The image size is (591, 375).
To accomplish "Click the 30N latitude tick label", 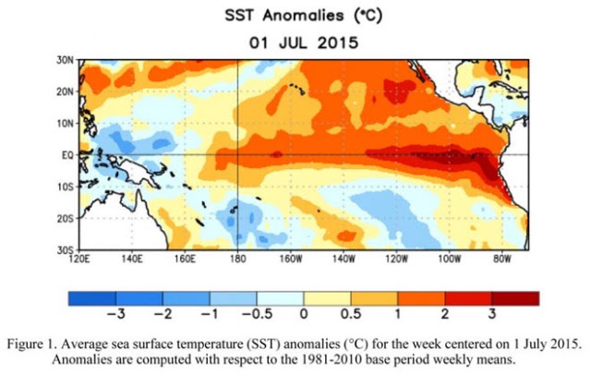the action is coord(65,60).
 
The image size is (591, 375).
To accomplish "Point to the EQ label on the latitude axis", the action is coord(67,155).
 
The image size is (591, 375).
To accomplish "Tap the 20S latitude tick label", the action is coord(65,219).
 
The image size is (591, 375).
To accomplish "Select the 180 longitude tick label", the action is coord(237,260).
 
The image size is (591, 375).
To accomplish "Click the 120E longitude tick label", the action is coord(79,260).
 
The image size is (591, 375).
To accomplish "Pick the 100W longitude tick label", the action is coord(450,260).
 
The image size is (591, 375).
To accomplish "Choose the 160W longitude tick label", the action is coord(291,260).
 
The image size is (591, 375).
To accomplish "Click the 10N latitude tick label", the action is coord(65,124).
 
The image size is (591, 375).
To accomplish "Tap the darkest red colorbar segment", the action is coord(515,298).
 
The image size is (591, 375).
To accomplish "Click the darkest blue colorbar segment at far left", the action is coord(92,298).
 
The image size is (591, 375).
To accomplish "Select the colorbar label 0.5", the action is coord(351,314).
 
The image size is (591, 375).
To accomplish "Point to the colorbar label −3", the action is coord(116,314).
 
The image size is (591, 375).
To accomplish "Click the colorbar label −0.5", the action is coord(257,314).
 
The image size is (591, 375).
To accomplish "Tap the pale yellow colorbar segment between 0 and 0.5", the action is coord(327,298).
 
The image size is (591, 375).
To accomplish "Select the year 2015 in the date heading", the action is coord(337,43).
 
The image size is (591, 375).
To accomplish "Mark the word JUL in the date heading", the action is coord(292,43).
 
